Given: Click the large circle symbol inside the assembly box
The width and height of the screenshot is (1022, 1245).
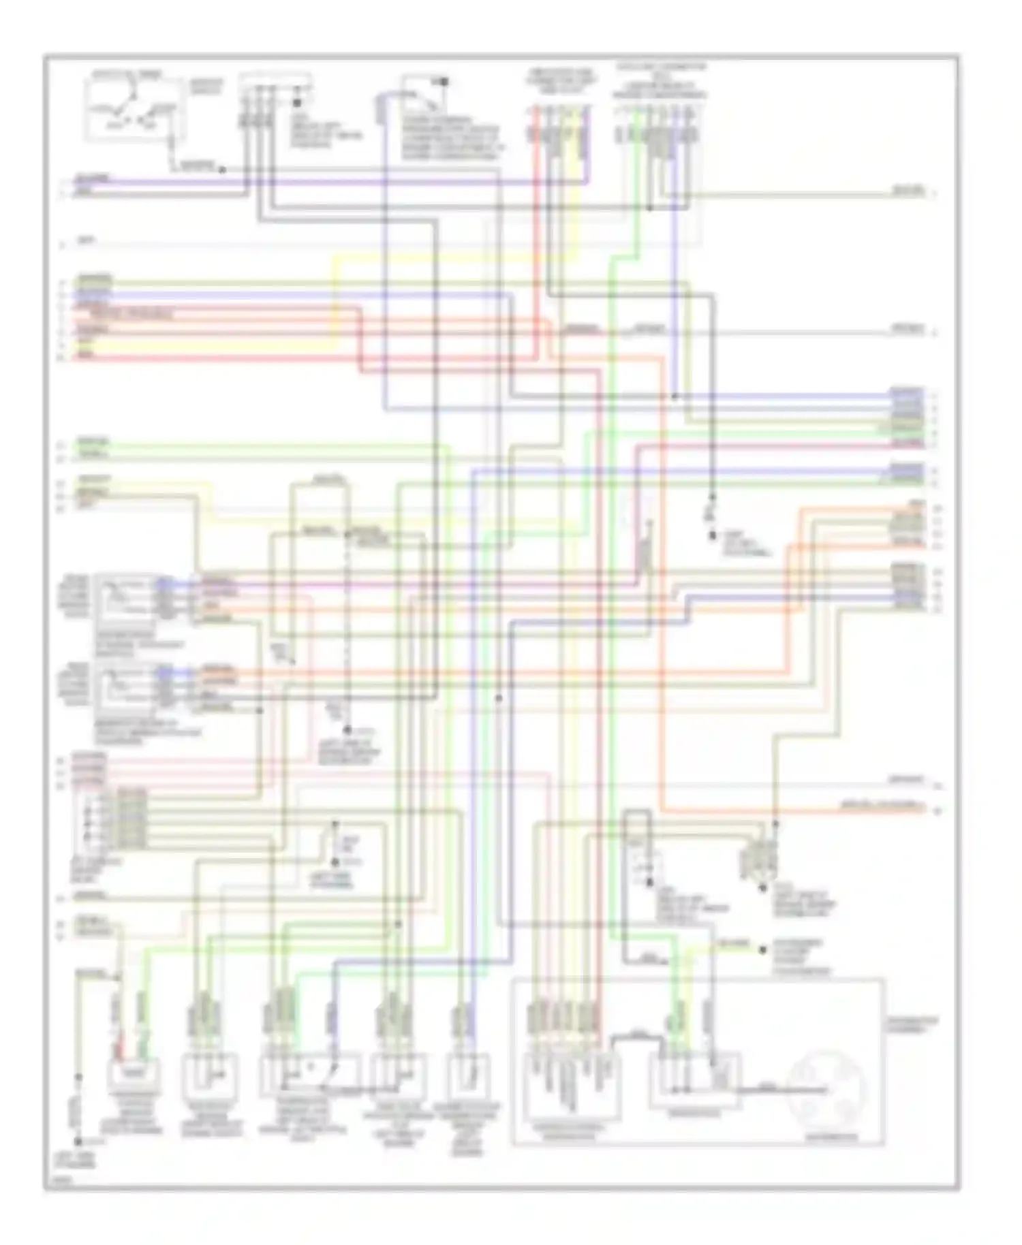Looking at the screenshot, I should pyautogui.click(x=826, y=1088).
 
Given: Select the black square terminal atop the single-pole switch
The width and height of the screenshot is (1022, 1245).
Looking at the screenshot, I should pyautogui.click(x=444, y=82).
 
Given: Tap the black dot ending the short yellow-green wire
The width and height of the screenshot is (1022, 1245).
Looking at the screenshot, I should pyautogui.click(x=762, y=949).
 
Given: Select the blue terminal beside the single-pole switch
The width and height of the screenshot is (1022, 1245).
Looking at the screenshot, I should pyautogui.click(x=380, y=109).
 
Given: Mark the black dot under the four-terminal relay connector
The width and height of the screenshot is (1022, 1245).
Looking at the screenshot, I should pyautogui.click(x=763, y=887).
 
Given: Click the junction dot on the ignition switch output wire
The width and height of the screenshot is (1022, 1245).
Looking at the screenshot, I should pyautogui.click(x=222, y=170).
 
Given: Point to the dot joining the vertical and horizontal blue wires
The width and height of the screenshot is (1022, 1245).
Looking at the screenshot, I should pyautogui.click(x=675, y=396).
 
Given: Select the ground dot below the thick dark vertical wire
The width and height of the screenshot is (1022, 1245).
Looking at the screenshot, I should pyautogui.click(x=713, y=536).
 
